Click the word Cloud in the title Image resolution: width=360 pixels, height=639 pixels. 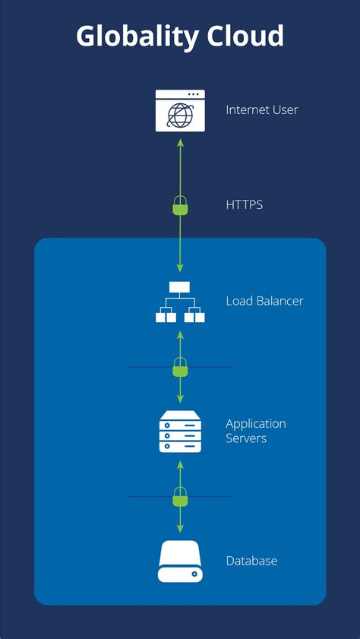tap(245, 36)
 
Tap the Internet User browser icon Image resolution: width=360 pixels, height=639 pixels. tap(180, 110)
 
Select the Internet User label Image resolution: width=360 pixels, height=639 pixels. tap(261, 110)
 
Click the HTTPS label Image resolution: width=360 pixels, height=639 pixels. tap(244, 205)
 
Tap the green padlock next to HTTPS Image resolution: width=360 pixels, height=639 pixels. tap(180, 206)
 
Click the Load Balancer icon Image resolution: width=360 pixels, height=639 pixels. tap(180, 302)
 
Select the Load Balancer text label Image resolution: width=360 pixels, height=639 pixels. tap(264, 302)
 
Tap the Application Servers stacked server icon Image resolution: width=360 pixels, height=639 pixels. tap(180, 431)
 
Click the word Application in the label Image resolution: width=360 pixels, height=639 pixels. tap(256, 424)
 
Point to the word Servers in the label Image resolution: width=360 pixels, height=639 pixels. tap(246, 438)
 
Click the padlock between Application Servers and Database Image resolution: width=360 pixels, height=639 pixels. tap(180, 498)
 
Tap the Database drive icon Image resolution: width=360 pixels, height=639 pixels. tap(180, 561)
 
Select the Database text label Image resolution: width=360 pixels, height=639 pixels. tap(251, 561)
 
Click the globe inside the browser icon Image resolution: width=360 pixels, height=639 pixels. tap(180, 115)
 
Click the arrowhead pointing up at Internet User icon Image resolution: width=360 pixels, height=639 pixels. tap(180, 141)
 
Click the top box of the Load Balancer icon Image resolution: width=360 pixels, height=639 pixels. tap(180, 287)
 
